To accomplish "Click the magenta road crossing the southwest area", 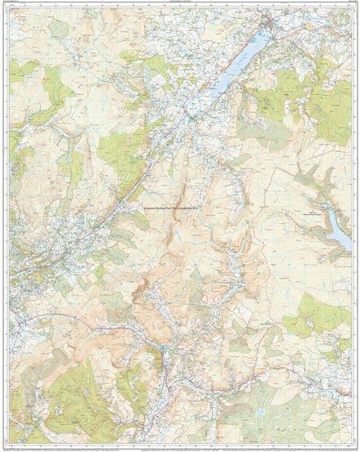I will point(65,315).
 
